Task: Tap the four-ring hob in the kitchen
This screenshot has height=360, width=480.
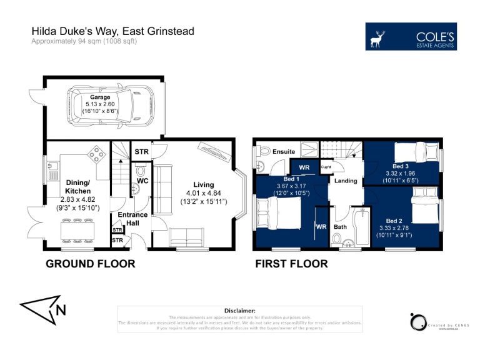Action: pos(97,153)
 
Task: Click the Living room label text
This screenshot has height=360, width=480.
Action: pos(203,185)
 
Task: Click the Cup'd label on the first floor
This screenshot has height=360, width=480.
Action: pos(326,167)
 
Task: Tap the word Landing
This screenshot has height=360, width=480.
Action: pos(346,181)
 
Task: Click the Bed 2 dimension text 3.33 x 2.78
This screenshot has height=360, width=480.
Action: pos(394,229)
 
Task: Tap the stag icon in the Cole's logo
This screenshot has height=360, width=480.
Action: pos(378,37)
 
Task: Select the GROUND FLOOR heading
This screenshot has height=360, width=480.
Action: pos(90,264)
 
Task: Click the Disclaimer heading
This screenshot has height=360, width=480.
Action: pos(239,311)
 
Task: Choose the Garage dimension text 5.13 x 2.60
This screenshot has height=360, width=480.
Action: pos(100,104)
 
